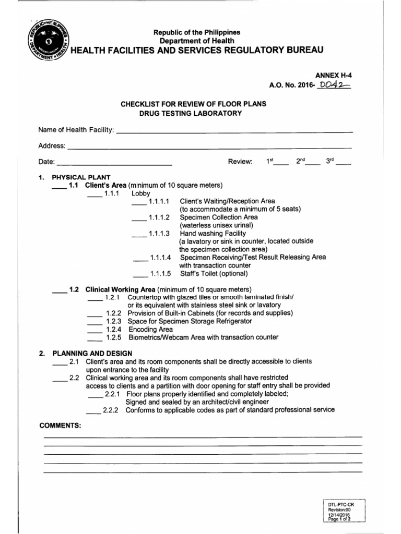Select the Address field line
point(209,147)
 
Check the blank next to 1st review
point(281,163)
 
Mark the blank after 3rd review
point(344,163)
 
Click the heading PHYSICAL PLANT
point(81,177)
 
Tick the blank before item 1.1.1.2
point(139,218)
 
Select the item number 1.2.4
point(113,330)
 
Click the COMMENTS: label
point(61,426)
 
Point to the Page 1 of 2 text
point(339,519)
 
